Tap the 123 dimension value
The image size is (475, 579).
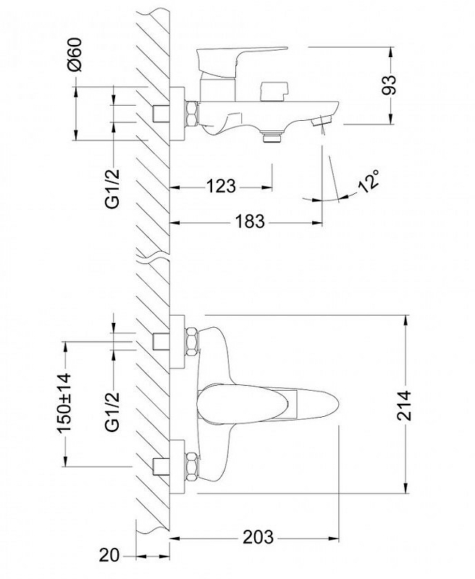[x=220, y=186]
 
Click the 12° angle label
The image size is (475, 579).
[x=369, y=179]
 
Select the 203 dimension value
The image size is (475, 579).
[x=258, y=537]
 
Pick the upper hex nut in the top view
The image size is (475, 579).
[x=192, y=342]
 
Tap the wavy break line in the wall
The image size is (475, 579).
[x=152, y=257]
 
